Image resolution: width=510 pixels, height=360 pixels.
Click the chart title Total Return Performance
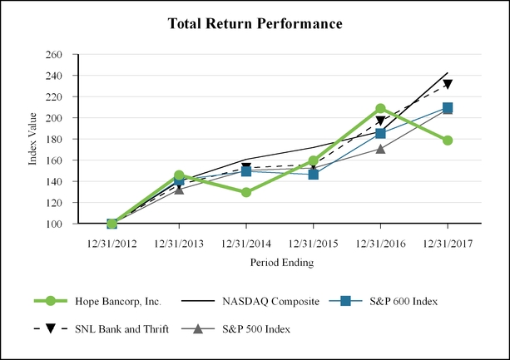[255, 24]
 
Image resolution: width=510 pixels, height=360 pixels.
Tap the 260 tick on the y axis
[54, 55]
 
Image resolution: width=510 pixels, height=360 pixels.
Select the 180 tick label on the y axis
[54, 140]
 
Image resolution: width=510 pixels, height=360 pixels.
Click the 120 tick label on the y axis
[54, 203]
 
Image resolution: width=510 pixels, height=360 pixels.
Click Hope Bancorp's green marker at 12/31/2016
[380, 109]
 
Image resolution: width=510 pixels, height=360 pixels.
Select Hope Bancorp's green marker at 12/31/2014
[245, 192]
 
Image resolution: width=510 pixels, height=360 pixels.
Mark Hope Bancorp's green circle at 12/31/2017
[448, 141]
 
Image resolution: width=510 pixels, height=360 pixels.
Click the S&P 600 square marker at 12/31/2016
[380, 134]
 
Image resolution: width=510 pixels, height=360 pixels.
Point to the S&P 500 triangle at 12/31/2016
[380, 149]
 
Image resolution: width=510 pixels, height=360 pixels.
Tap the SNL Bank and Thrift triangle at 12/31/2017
[448, 84]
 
